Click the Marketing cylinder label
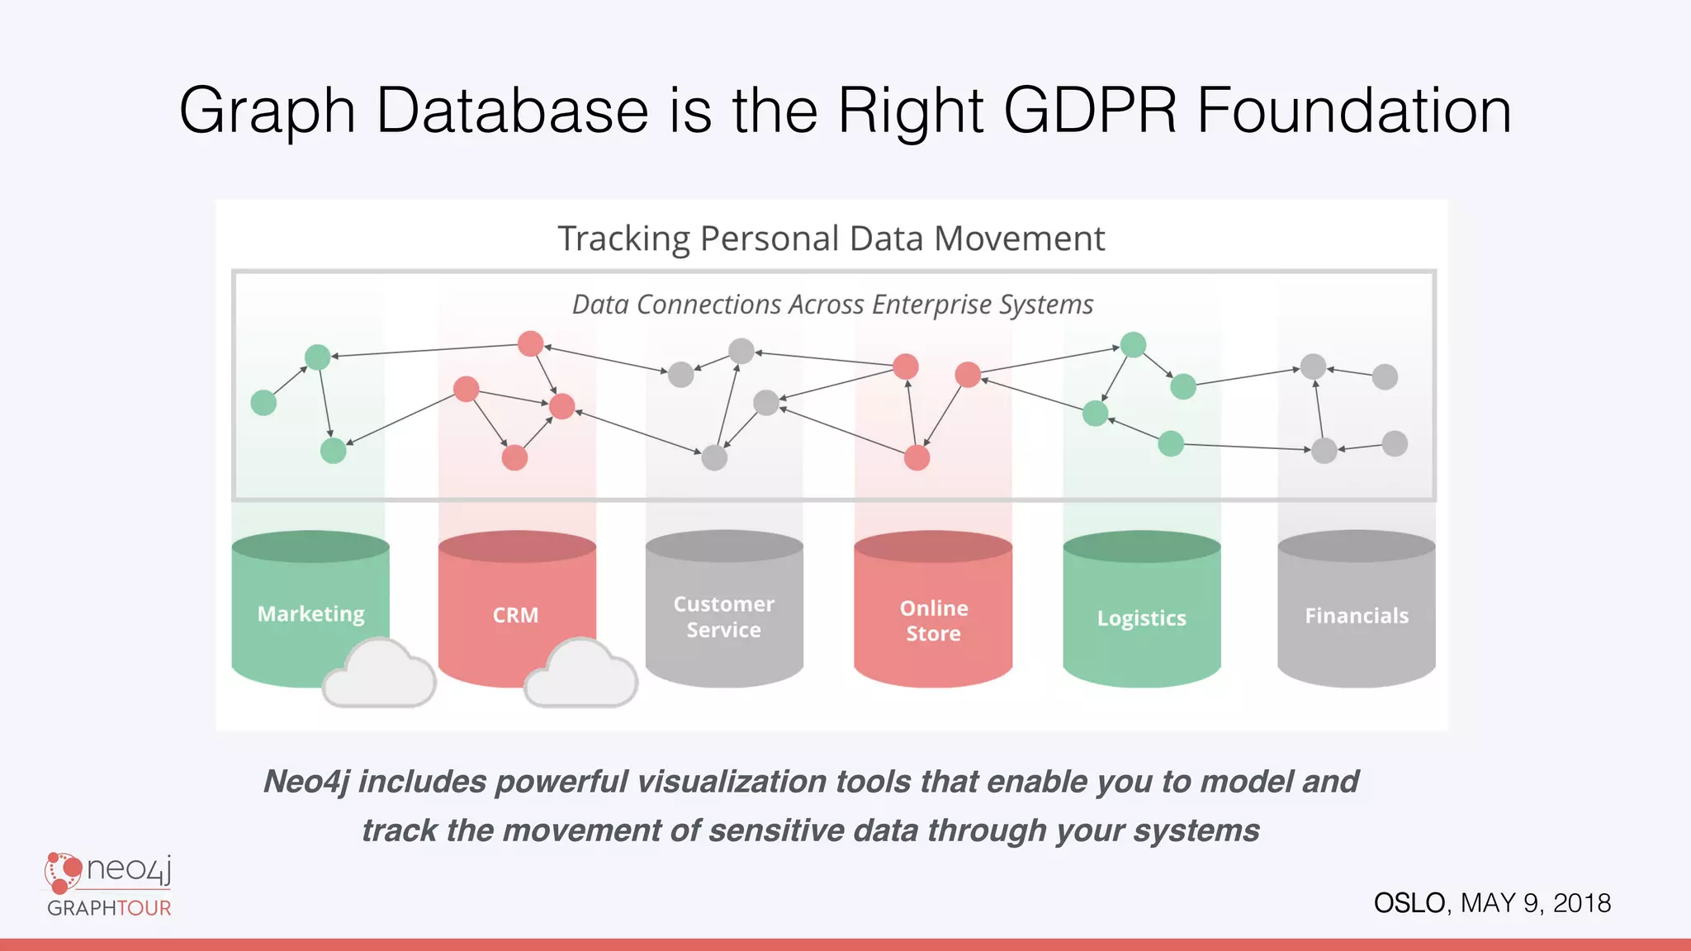pyautogui.click(x=310, y=614)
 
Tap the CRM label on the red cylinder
pyautogui.click(x=515, y=615)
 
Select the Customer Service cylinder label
pyautogui.click(x=723, y=617)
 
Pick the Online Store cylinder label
pyautogui.click(x=933, y=621)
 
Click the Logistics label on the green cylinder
pyautogui.click(x=1141, y=618)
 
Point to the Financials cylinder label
pyautogui.click(x=1356, y=616)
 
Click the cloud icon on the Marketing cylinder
pyautogui.click(x=379, y=675)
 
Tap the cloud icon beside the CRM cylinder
pyautogui.click(x=581, y=675)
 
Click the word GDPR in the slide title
pyautogui.click(x=1089, y=110)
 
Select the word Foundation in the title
pyautogui.click(x=1354, y=110)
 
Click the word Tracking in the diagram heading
pyautogui.click(x=623, y=239)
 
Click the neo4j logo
pyautogui.click(x=108, y=872)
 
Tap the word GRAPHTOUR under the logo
pyautogui.click(x=109, y=908)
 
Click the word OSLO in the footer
pyautogui.click(x=1409, y=903)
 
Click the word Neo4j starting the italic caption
pyautogui.click(x=306, y=781)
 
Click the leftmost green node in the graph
pyautogui.click(x=263, y=403)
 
